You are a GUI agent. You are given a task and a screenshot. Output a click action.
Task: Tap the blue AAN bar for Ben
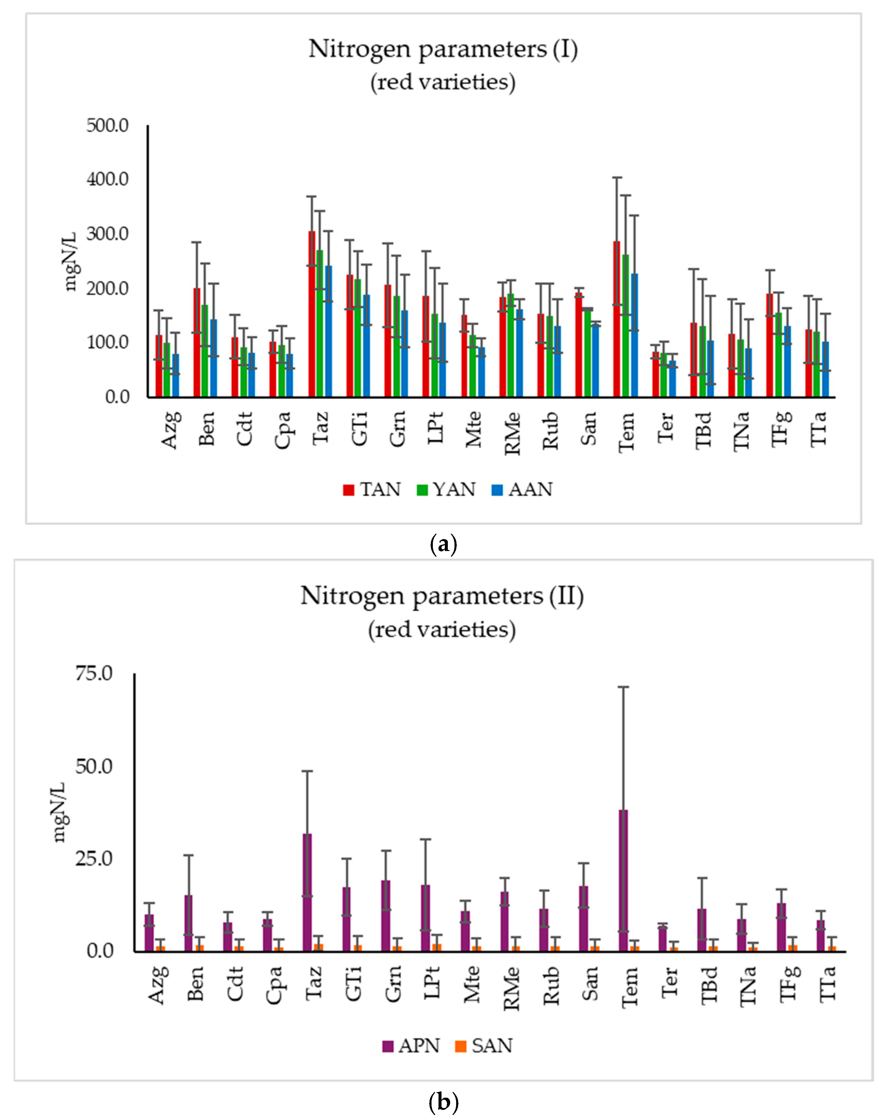(x=213, y=358)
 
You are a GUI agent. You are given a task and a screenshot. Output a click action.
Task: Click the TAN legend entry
(x=372, y=490)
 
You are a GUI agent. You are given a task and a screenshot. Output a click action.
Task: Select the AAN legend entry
(x=522, y=490)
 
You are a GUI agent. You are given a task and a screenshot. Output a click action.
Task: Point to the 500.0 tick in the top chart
(x=107, y=126)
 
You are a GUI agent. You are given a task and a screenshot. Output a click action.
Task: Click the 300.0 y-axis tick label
(x=107, y=234)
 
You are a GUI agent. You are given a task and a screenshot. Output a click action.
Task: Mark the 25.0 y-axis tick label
(x=94, y=859)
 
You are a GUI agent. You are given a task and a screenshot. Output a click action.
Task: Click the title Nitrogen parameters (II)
(x=442, y=596)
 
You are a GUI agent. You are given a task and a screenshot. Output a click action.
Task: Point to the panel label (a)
(x=444, y=544)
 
